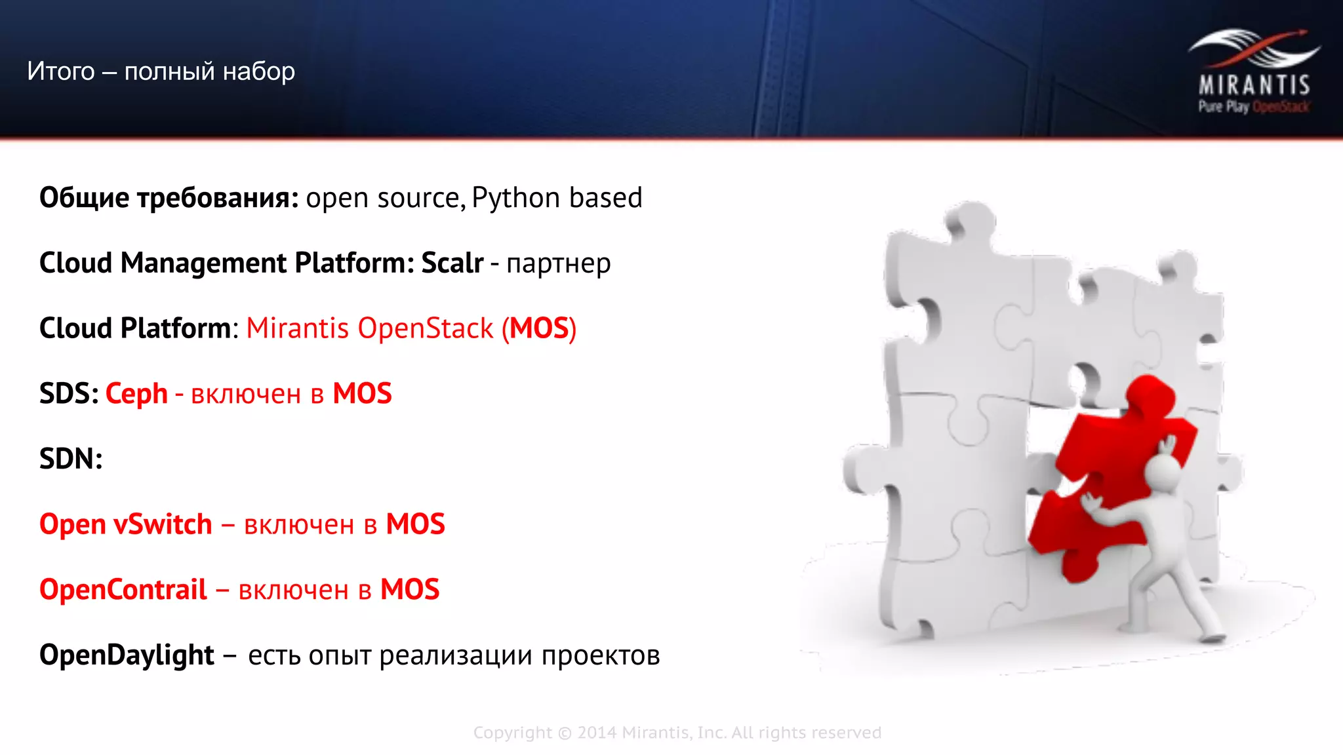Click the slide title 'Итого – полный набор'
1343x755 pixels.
point(161,71)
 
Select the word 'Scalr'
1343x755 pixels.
point(452,263)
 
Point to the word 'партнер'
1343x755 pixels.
point(559,263)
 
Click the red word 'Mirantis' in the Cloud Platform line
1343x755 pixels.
point(297,328)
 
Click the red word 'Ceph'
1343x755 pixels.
point(136,394)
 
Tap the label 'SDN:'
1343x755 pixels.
point(71,459)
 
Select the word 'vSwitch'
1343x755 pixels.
point(163,524)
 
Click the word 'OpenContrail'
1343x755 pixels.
point(123,590)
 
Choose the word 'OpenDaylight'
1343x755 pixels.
point(127,655)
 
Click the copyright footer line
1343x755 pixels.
point(677,733)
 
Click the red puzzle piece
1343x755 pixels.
point(1108,478)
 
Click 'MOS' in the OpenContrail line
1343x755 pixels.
point(410,590)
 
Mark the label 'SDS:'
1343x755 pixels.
point(69,394)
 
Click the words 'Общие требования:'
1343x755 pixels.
point(169,198)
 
